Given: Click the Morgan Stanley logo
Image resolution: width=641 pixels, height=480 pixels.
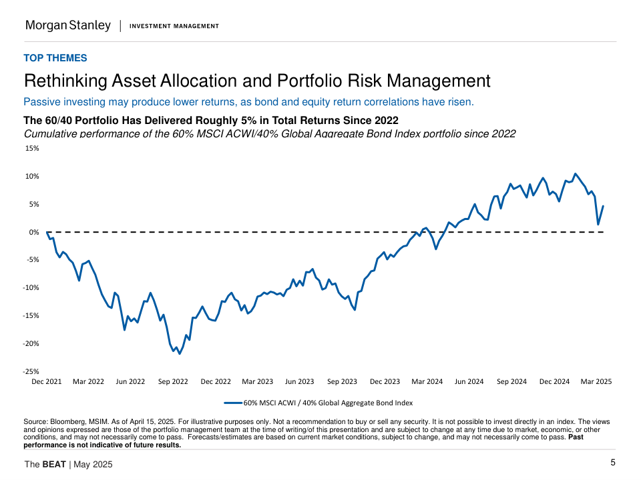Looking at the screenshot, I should [x=67, y=25].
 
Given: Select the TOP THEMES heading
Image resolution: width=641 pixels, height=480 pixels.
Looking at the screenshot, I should [x=55, y=58].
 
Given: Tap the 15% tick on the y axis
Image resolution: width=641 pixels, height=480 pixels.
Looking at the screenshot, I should [x=33, y=148].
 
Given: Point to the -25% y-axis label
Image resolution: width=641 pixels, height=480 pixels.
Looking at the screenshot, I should [x=31, y=371].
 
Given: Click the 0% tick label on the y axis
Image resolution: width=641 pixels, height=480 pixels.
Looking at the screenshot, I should [x=34, y=232].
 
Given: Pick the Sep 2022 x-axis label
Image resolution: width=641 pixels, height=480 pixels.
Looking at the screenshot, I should [x=173, y=382].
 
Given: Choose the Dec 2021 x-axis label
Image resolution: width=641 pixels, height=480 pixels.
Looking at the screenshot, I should [x=46, y=382].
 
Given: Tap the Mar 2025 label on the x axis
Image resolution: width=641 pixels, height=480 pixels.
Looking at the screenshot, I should [x=596, y=382].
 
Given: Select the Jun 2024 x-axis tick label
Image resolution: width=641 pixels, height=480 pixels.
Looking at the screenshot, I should [x=469, y=382].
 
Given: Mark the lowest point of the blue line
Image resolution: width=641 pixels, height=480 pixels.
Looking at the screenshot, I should [x=180, y=353].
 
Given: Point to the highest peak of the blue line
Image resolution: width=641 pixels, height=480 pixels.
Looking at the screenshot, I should [x=576, y=174].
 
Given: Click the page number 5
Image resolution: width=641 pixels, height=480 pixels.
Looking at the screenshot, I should [x=613, y=463].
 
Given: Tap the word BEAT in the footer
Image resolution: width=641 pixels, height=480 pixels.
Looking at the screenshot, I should [x=54, y=464].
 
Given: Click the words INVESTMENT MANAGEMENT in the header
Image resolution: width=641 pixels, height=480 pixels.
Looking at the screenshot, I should [x=174, y=26].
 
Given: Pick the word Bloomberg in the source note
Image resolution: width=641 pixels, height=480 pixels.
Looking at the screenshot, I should [x=67, y=422].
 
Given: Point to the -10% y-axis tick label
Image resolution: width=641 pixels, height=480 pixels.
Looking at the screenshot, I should [x=31, y=288].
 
